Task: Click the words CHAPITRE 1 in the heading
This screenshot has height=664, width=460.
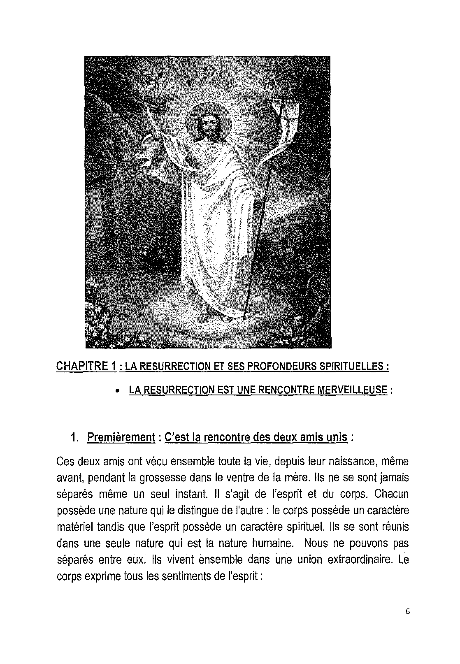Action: coord(85,366)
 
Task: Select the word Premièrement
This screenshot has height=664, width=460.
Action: coord(121,437)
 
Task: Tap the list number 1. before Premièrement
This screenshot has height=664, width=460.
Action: coord(74,437)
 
